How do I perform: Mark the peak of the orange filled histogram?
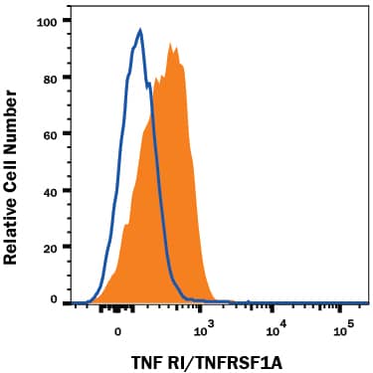click(x=171, y=44)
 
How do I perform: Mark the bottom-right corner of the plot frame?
click(x=368, y=306)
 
